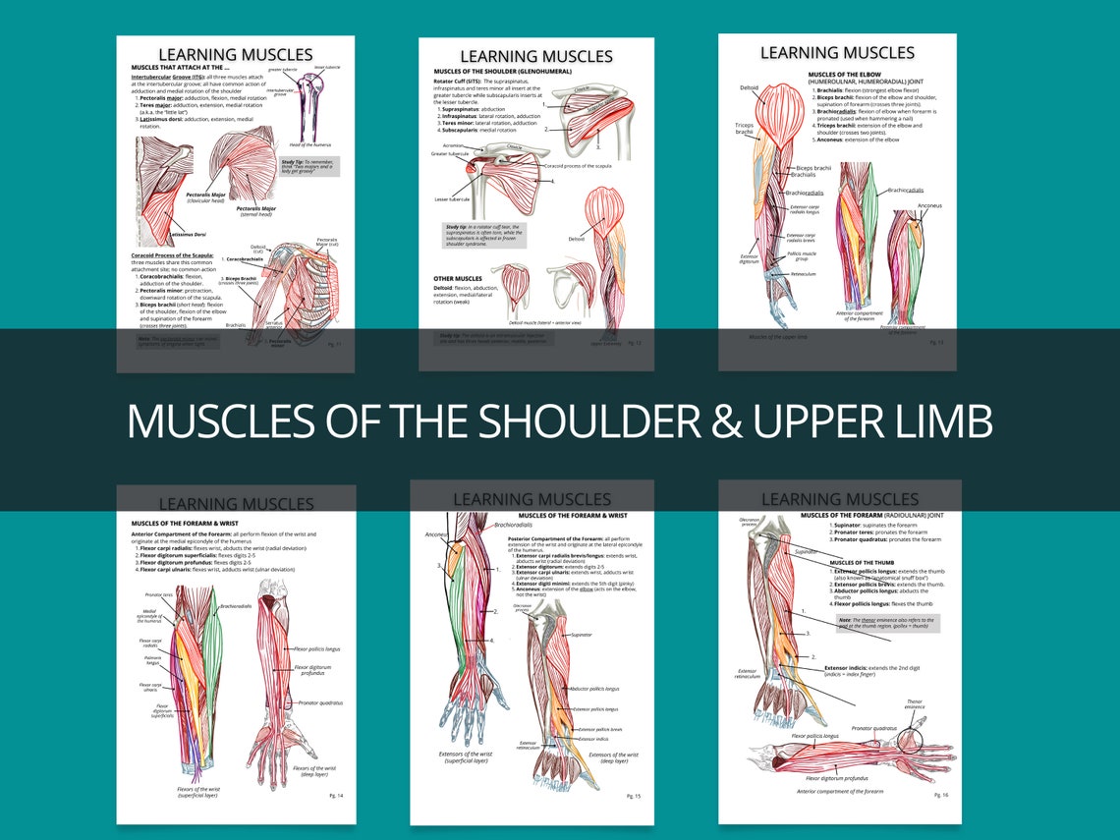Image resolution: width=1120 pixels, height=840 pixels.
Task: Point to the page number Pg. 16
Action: pyautogui.click(x=940, y=794)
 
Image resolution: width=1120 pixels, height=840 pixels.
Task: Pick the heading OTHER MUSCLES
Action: pyautogui.click(x=458, y=278)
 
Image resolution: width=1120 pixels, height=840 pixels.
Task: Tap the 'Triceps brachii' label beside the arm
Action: pyautogui.click(x=744, y=129)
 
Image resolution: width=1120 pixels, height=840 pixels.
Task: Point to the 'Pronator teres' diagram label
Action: pyautogui.click(x=158, y=595)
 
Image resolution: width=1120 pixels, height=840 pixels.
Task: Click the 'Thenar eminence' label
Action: pyautogui.click(x=915, y=704)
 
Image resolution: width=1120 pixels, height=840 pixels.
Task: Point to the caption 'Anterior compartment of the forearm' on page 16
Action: pyautogui.click(x=840, y=791)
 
